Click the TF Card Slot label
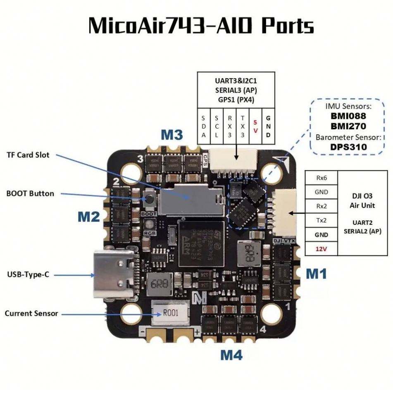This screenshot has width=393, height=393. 28,155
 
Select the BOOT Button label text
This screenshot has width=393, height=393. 30,193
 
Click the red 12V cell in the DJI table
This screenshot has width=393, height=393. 321,249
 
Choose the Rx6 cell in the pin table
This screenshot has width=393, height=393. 321,178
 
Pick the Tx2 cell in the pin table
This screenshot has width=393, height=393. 321,220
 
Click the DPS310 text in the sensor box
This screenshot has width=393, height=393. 348,147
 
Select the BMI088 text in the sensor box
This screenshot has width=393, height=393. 348,116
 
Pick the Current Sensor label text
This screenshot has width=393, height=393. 31,314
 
